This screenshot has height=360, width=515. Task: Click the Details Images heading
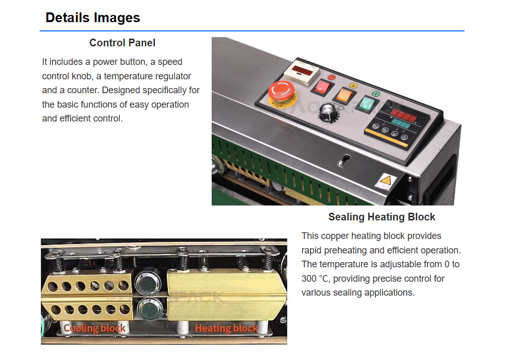tap(93, 18)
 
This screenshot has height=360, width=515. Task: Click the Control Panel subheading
tap(122, 43)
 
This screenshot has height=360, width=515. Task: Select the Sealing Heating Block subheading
tap(382, 217)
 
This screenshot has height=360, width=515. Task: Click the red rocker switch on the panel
tap(322, 87)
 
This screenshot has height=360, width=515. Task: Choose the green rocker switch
tap(365, 104)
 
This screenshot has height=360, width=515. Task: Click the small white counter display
tap(301, 72)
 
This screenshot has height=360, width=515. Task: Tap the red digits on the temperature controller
tap(403, 115)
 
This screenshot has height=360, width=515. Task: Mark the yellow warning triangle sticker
tap(386, 180)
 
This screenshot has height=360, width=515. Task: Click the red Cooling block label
tap(94, 328)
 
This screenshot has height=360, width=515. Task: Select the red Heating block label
tap(226, 328)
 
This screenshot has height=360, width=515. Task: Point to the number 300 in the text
tap(308, 279)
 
